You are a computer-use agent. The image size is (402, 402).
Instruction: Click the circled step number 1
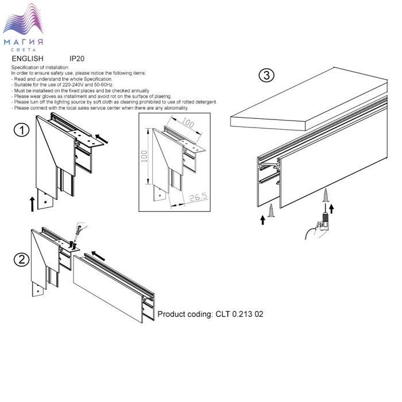click(22, 130)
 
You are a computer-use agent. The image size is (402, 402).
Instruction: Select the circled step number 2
click(22, 260)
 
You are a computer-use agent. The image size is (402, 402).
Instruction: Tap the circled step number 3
click(266, 75)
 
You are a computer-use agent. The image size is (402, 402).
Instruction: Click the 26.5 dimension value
click(198, 197)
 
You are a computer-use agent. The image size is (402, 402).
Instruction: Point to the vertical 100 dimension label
click(144, 156)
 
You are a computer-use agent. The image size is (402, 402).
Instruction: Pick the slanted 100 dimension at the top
click(188, 122)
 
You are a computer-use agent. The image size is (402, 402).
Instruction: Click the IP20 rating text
click(77, 59)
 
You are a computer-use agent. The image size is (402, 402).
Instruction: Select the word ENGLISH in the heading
click(28, 59)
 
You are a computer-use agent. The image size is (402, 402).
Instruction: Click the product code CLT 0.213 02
click(239, 314)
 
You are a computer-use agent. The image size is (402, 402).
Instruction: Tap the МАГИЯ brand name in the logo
click(24, 42)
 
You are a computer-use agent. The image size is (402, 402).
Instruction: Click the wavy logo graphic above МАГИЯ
click(23, 19)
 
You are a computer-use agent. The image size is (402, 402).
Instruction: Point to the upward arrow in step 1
click(32, 204)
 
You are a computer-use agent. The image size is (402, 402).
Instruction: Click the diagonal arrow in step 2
click(98, 256)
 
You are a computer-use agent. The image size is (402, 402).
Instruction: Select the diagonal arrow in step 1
click(102, 139)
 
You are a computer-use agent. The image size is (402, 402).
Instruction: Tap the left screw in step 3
click(271, 211)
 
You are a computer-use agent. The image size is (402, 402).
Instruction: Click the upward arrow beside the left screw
click(262, 220)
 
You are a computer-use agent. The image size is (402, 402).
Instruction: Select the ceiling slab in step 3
click(309, 99)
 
